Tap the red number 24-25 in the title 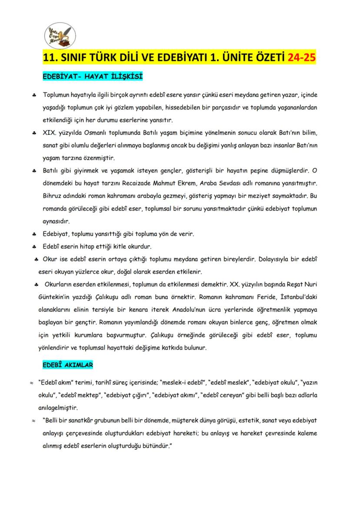click(x=302, y=58)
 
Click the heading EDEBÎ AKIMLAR click(x=67, y=365)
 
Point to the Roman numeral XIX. click(x=50, y=132)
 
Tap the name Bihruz click(x=53, y=196)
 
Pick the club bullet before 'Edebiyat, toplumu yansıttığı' click(x=33, y=234)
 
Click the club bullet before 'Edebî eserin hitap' click(x=33, y=247)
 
